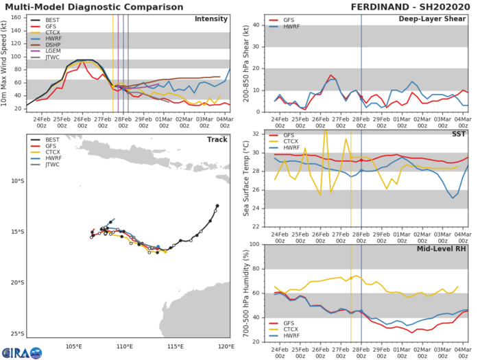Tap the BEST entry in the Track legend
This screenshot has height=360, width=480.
point(45,143)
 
